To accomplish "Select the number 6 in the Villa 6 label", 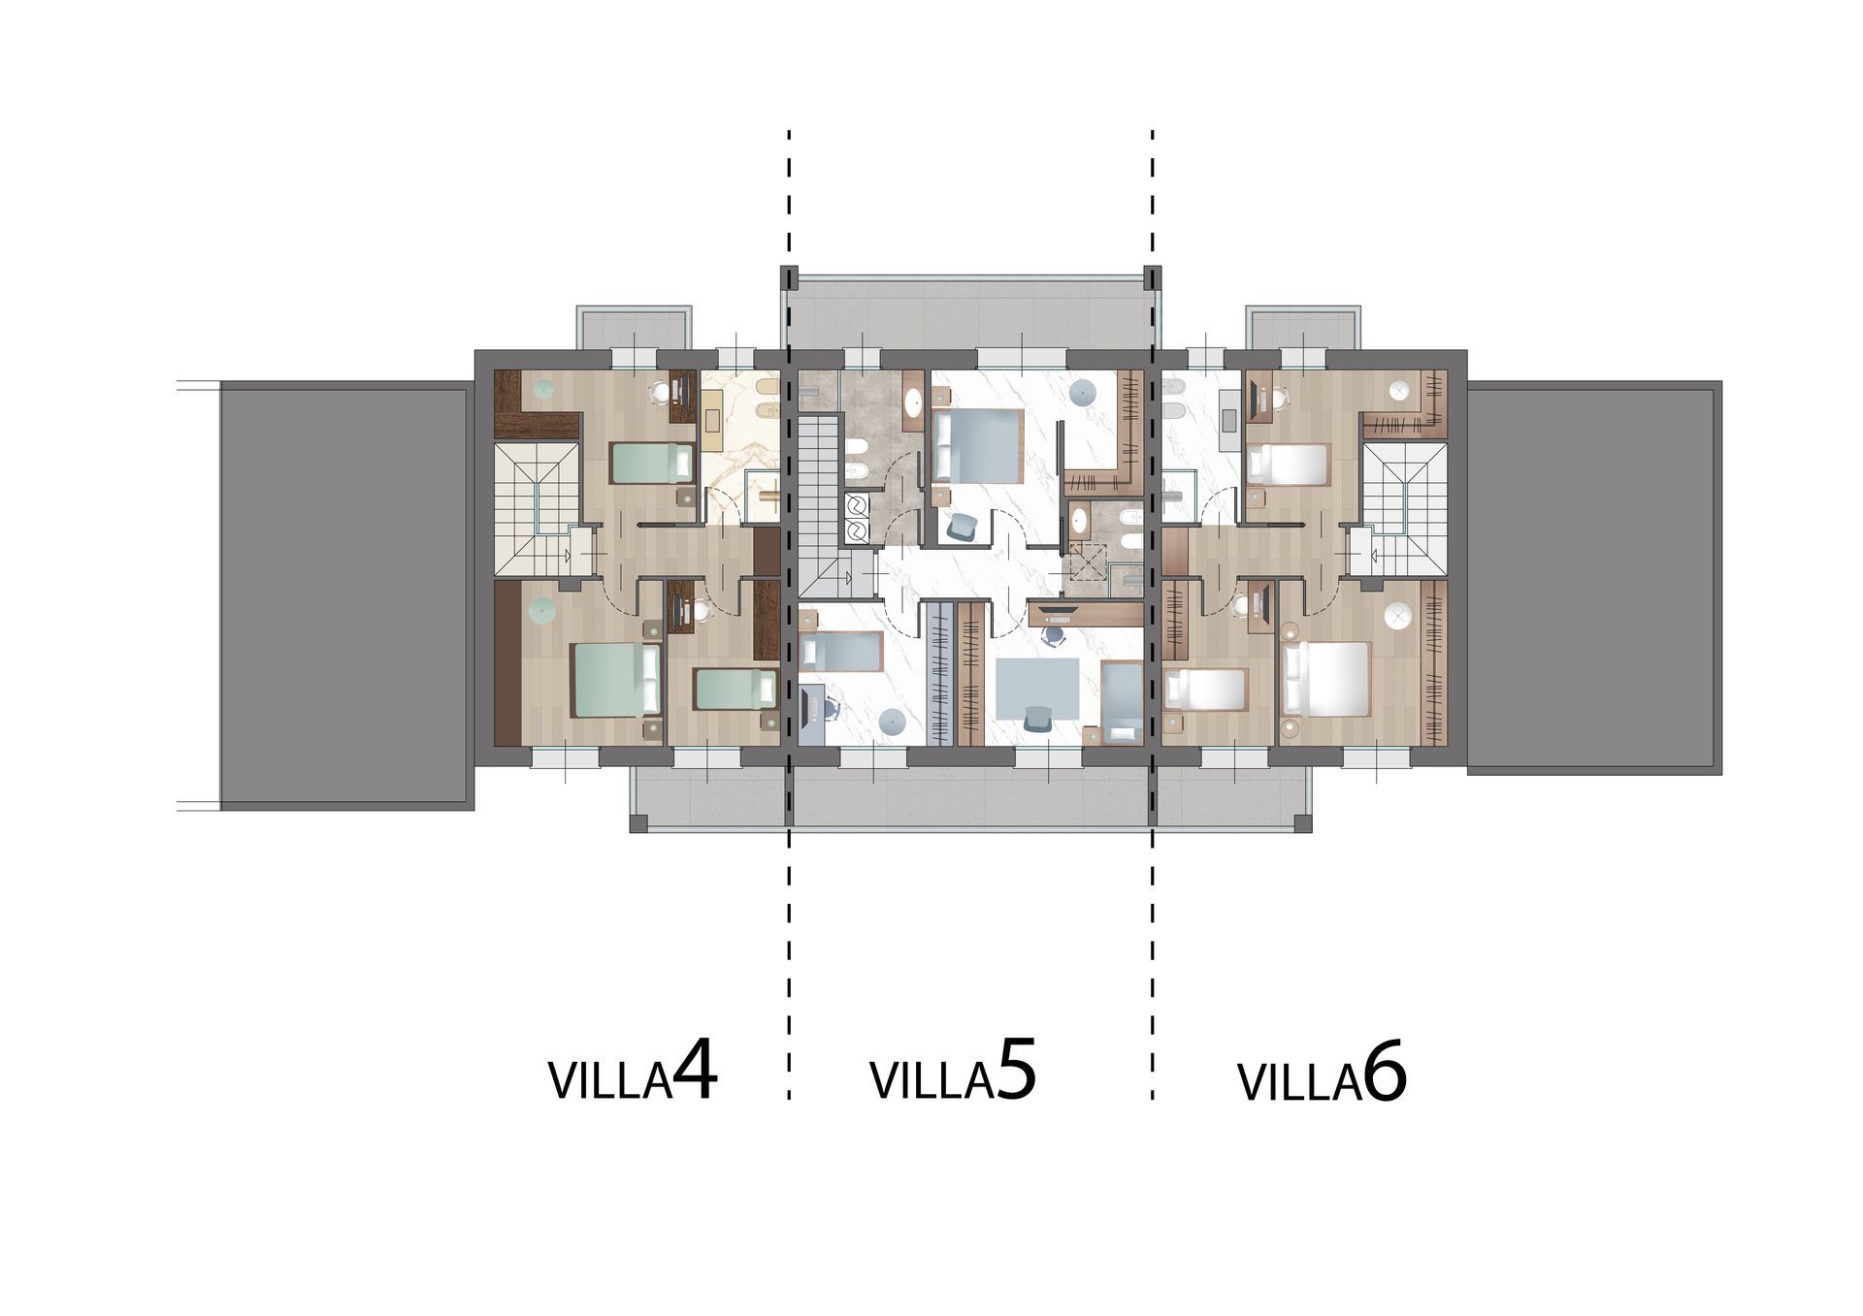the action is click(x=1385, y=1074).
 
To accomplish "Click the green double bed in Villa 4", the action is click(x=617, y=680).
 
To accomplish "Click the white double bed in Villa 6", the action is click(x=1325, y=679).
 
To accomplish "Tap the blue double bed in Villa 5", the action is click(x=976, y=445).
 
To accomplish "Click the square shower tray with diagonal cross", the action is click(x=1087, y=560).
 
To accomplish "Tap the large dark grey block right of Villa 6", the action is click(x=1594, y=577).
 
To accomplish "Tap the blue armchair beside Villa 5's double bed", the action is click(x=962, y=526).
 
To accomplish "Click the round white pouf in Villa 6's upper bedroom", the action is click(x=1399, y=391).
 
